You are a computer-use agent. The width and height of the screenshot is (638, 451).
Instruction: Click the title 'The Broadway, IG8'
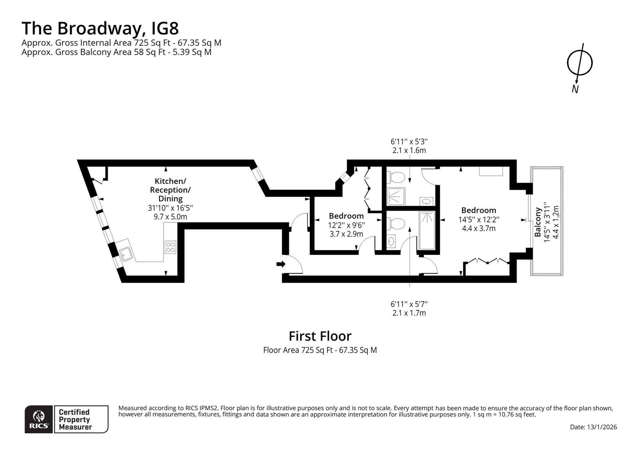pyautogui.click(x=100, y=28)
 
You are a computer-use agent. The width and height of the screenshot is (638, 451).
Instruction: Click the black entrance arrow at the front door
pyautogui.click(x=281, y=264)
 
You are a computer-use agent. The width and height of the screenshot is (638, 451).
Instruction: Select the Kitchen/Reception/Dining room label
pyautogui.click(x=170, y=190)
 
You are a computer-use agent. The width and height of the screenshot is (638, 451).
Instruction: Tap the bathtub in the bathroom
pyautogui.click(x=427, y=230)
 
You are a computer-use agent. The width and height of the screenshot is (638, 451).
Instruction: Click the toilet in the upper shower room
pyautogui.click(x=396, y=177)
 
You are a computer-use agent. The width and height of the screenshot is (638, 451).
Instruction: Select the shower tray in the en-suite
pyautogui.click(x=396, y=197)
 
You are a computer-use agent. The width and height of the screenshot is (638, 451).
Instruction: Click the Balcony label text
pyautogui.click(x=538, y=222)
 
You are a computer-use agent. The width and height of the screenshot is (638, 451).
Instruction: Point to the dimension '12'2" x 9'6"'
pyautogui.click(x=346, y=225)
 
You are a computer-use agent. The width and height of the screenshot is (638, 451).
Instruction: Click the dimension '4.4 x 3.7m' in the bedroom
pyautogui.click(x=479, y=228)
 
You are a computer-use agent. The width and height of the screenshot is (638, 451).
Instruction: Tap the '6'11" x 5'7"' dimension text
pyautogui.click(x=409, y=304)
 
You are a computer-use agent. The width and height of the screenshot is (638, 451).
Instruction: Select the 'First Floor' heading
pyautogui.click(x=320, y=336)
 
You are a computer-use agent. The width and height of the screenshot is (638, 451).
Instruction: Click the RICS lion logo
pyautogui.click(x=39, y=419)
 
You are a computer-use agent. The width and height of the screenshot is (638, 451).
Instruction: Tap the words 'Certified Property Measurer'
pyautogui.click(x=75, y=420)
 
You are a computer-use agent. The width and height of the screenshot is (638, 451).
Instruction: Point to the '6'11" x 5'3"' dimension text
pyautogui.click(x=409, y=142)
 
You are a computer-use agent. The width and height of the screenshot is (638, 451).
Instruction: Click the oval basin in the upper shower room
pyautogui.click(x=426, y=202)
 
